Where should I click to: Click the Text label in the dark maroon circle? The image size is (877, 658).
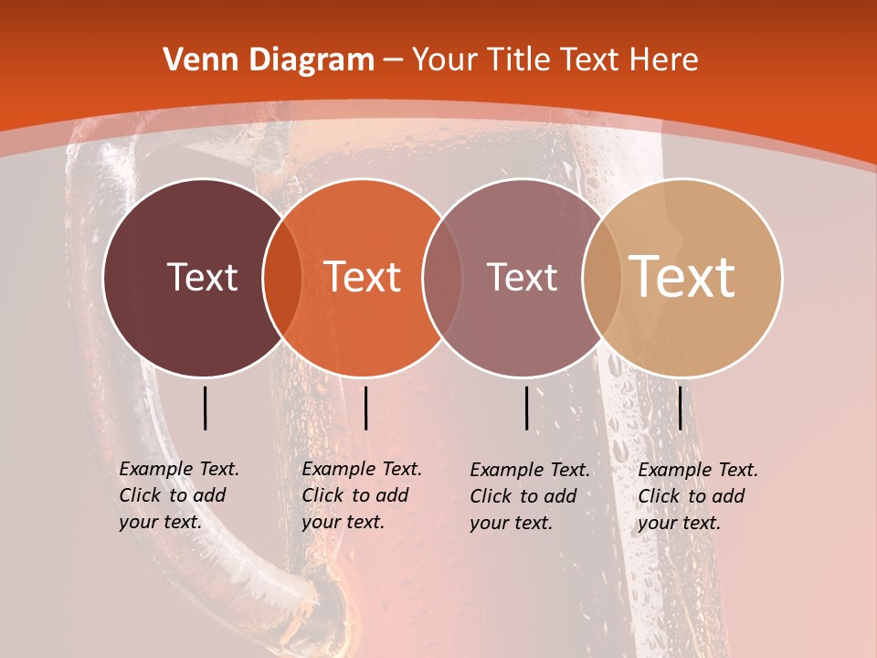(202, 277)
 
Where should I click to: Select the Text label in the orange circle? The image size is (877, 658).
(363, 277)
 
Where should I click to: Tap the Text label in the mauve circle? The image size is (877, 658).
(522, 277)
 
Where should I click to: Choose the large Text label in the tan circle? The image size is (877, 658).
(682, 277)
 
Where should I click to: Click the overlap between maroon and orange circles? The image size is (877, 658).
(282, 277)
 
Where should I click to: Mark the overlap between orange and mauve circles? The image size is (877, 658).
(442, 277)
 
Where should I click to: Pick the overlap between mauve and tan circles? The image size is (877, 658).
(602, 277)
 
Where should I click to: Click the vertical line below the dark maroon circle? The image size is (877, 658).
(206, 408)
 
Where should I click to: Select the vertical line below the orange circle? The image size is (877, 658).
(365, 408)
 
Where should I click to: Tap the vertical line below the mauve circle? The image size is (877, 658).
(527, 408)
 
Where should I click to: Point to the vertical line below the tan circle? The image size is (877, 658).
(681, 408)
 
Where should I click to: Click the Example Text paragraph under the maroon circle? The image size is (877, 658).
(179, 495)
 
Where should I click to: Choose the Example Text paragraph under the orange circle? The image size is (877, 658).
(362, 495)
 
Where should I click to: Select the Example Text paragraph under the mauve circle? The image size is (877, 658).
(530, 495)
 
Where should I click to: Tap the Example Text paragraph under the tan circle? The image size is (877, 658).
(698, 495)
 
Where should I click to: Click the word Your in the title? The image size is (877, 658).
(446, 60)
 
